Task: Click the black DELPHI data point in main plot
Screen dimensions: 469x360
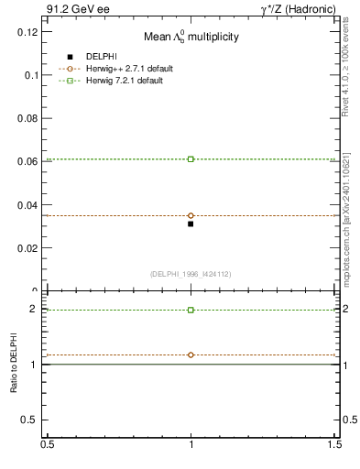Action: click(x=191, y=224)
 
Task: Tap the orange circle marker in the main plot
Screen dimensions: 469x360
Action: click(x=191, y=215)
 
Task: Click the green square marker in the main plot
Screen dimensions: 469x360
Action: click(x=191, y=159)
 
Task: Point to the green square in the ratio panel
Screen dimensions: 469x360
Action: click(x=191, y=310)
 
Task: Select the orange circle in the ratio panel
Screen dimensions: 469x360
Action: click(x=191, y=354)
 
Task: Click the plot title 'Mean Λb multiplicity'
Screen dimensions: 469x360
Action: click(x=191, y=38)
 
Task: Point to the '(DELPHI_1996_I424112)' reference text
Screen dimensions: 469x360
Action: click(x=191, y=273)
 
